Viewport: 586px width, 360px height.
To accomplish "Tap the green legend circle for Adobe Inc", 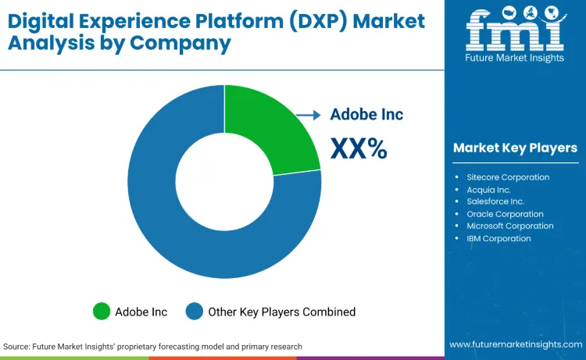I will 102,312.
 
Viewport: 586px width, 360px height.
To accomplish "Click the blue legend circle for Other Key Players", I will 195,312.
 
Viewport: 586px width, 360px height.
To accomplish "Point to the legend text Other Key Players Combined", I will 281,312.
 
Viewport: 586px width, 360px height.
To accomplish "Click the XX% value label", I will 359,148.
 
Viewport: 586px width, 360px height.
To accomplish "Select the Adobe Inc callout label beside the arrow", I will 366,115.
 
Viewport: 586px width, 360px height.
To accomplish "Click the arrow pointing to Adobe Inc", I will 309,115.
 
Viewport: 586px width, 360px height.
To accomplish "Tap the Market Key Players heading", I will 515,148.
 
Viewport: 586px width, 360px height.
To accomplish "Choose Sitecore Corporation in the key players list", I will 508,177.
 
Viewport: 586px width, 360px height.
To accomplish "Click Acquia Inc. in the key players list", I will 488,189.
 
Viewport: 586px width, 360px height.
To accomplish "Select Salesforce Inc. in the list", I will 495,201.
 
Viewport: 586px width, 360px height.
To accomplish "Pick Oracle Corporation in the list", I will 505,214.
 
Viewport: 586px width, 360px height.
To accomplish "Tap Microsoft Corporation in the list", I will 510,226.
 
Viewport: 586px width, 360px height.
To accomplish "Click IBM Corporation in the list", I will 498,238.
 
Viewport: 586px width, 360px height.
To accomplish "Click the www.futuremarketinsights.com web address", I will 515,344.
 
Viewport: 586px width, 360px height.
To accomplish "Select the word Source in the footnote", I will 17,346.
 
